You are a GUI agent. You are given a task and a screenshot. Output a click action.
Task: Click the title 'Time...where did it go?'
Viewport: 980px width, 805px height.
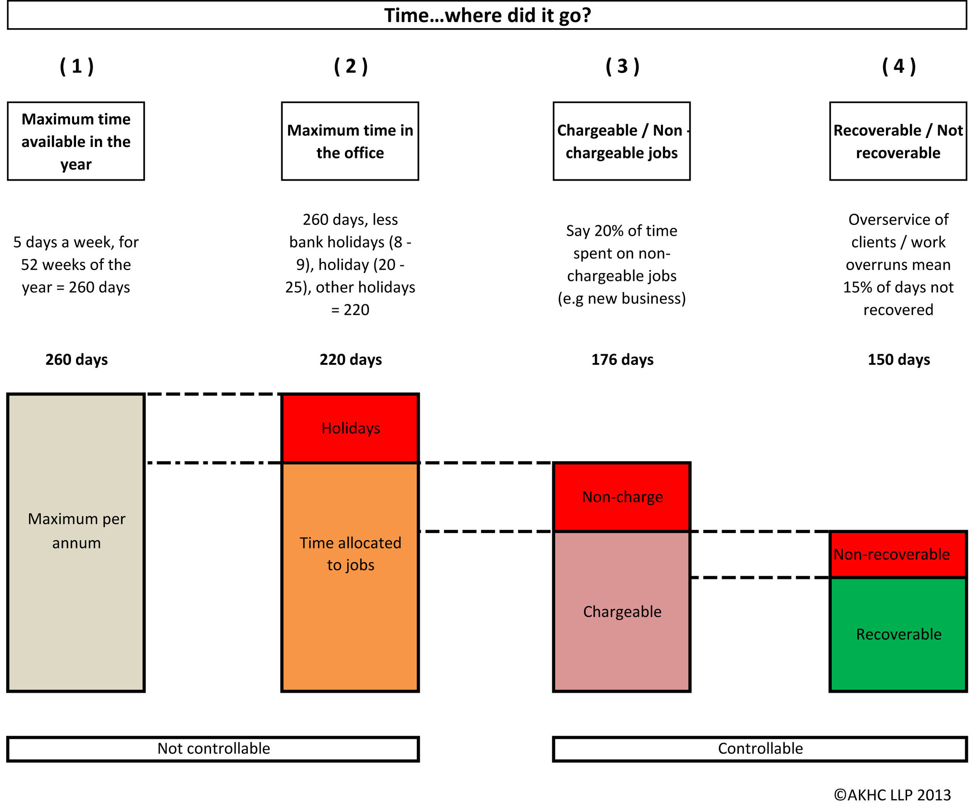coord(487,15)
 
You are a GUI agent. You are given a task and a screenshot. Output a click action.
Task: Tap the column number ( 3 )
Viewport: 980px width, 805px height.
coord(622,66)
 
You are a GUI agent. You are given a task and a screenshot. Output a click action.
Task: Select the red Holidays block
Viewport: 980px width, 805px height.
coord(350,428)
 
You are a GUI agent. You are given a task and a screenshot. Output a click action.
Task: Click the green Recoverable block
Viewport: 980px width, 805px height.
coord(898,634)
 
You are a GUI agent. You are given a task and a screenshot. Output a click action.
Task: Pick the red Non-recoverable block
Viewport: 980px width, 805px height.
coord(898,554)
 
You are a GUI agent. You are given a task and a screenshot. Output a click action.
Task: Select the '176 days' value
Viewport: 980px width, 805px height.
coord(622,359)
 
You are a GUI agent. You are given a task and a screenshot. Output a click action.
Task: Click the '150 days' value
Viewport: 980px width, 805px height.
coord(898,359)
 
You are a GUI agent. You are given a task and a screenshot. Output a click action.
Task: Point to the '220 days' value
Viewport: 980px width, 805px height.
coord(350,359)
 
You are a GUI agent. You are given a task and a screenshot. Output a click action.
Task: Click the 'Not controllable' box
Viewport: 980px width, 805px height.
coord(213,749)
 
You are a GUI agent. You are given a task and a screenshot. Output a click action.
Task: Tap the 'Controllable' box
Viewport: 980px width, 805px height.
coord(760,749)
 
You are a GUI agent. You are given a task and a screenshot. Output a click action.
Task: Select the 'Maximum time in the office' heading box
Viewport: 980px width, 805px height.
coord(350,141)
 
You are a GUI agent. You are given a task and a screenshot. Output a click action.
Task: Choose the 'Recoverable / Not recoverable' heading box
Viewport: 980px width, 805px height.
coord(898,141)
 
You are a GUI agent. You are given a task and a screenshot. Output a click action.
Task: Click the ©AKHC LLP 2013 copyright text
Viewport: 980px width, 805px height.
coord(892,795)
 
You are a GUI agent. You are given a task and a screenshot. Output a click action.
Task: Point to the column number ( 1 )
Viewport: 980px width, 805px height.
coord(76,66)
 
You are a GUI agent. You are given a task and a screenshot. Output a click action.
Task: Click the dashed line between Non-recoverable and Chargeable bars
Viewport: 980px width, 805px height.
coord(760,577)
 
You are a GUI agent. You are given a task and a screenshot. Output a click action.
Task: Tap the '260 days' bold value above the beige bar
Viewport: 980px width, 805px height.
coord(76,359)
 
